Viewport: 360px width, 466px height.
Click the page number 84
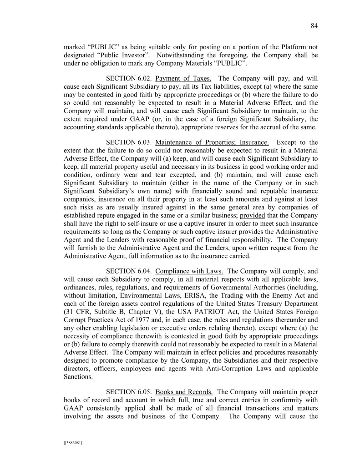point(314,26)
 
